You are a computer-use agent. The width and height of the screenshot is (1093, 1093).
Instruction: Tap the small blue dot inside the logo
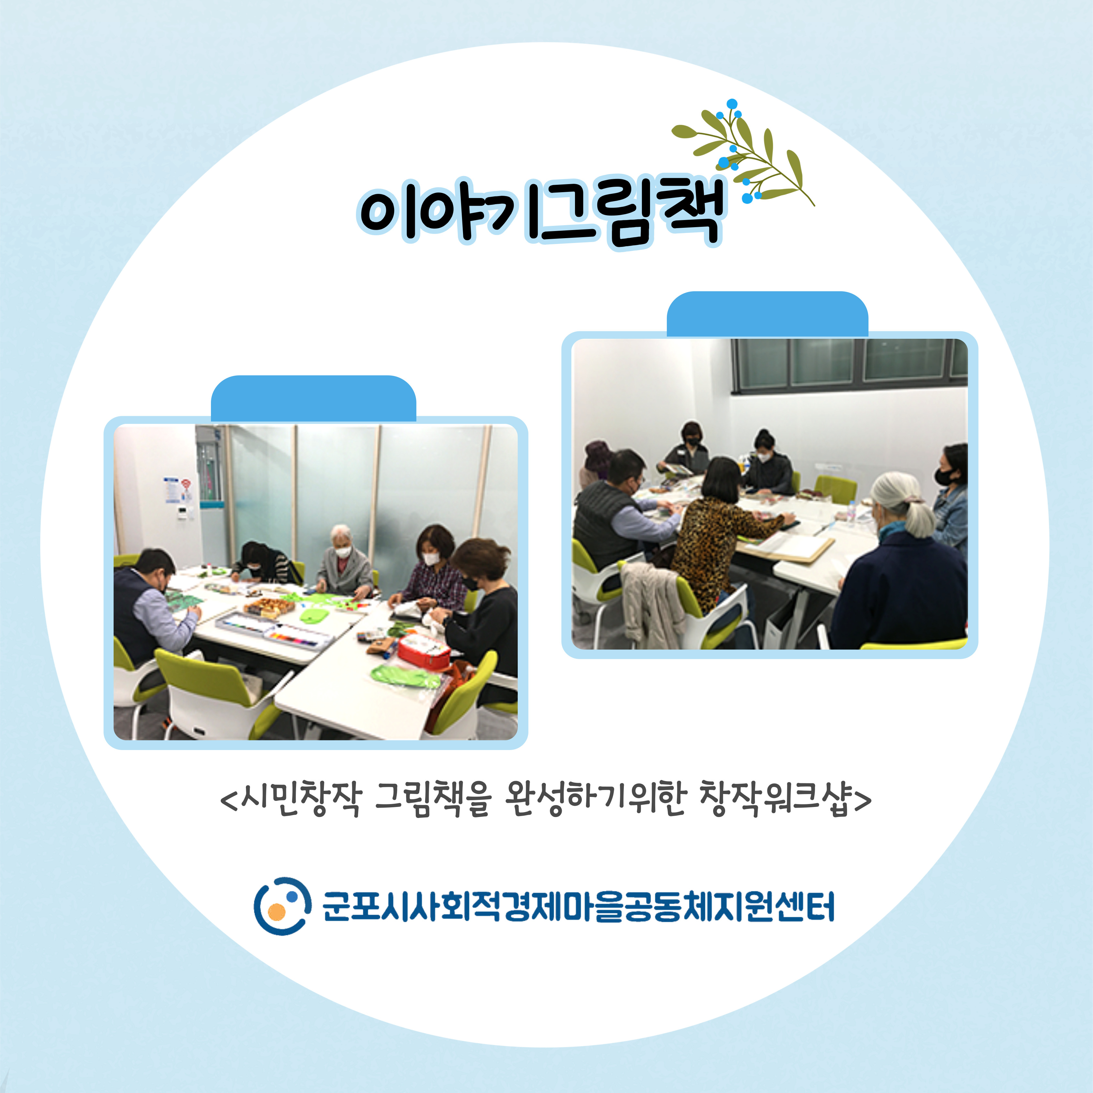coord(291,896)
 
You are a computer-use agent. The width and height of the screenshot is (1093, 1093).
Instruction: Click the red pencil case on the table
coord(424,651)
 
